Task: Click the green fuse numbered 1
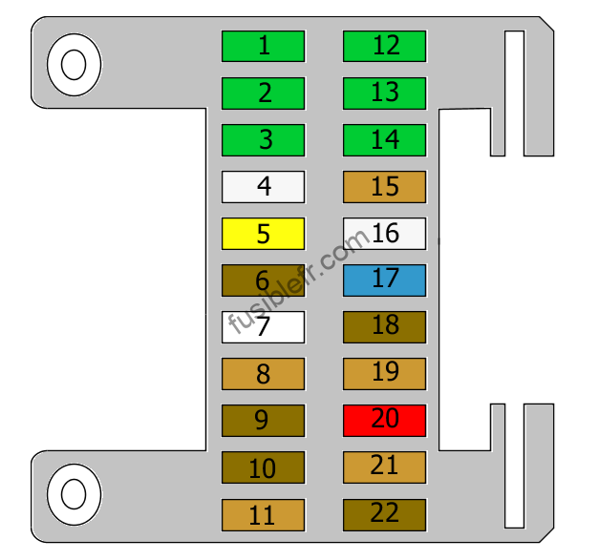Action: coord(263,46)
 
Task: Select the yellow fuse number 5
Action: coord(263,234)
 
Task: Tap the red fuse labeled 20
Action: coord(384,421)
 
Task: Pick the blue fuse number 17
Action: coord(384,280)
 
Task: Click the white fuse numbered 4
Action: coord(263,187)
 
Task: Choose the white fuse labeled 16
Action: coord(384,234)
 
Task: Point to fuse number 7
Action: coord(263,327)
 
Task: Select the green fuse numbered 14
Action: coord(384,140)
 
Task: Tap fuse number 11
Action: coord(263,514)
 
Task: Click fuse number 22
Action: coord(384,514)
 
